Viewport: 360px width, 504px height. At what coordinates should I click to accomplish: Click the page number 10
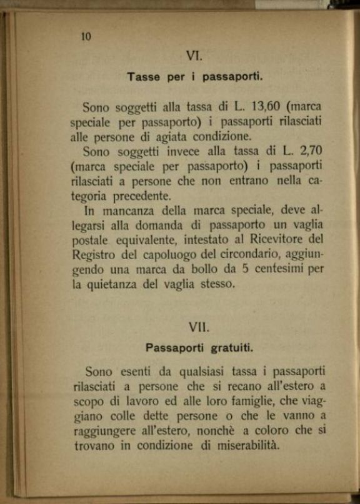pyautogui.click(x=86, y=36)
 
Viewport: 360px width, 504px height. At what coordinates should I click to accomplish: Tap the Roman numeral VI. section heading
pyautogui.click(x=194, y=56)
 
